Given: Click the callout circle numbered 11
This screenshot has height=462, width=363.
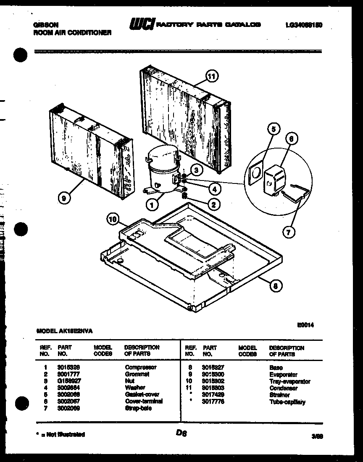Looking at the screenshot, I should (212, 76).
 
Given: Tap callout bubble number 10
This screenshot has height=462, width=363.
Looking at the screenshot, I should (112, 219).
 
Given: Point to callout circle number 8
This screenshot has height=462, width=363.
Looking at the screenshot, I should (275, 286).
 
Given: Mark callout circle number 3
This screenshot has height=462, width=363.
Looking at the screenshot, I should (196, 169).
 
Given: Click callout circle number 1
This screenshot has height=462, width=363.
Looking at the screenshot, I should (153, 205).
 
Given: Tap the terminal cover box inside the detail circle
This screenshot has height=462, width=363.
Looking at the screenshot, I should (272, 180).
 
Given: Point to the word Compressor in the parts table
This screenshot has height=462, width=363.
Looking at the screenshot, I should (140, 367).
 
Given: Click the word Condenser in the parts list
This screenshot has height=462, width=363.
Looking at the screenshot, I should (283, 388).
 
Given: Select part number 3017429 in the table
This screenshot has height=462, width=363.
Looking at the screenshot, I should (213, 395).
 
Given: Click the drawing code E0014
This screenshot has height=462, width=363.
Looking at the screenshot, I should (305, 324).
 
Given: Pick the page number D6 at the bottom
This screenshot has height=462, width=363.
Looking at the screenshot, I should (181, 433).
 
